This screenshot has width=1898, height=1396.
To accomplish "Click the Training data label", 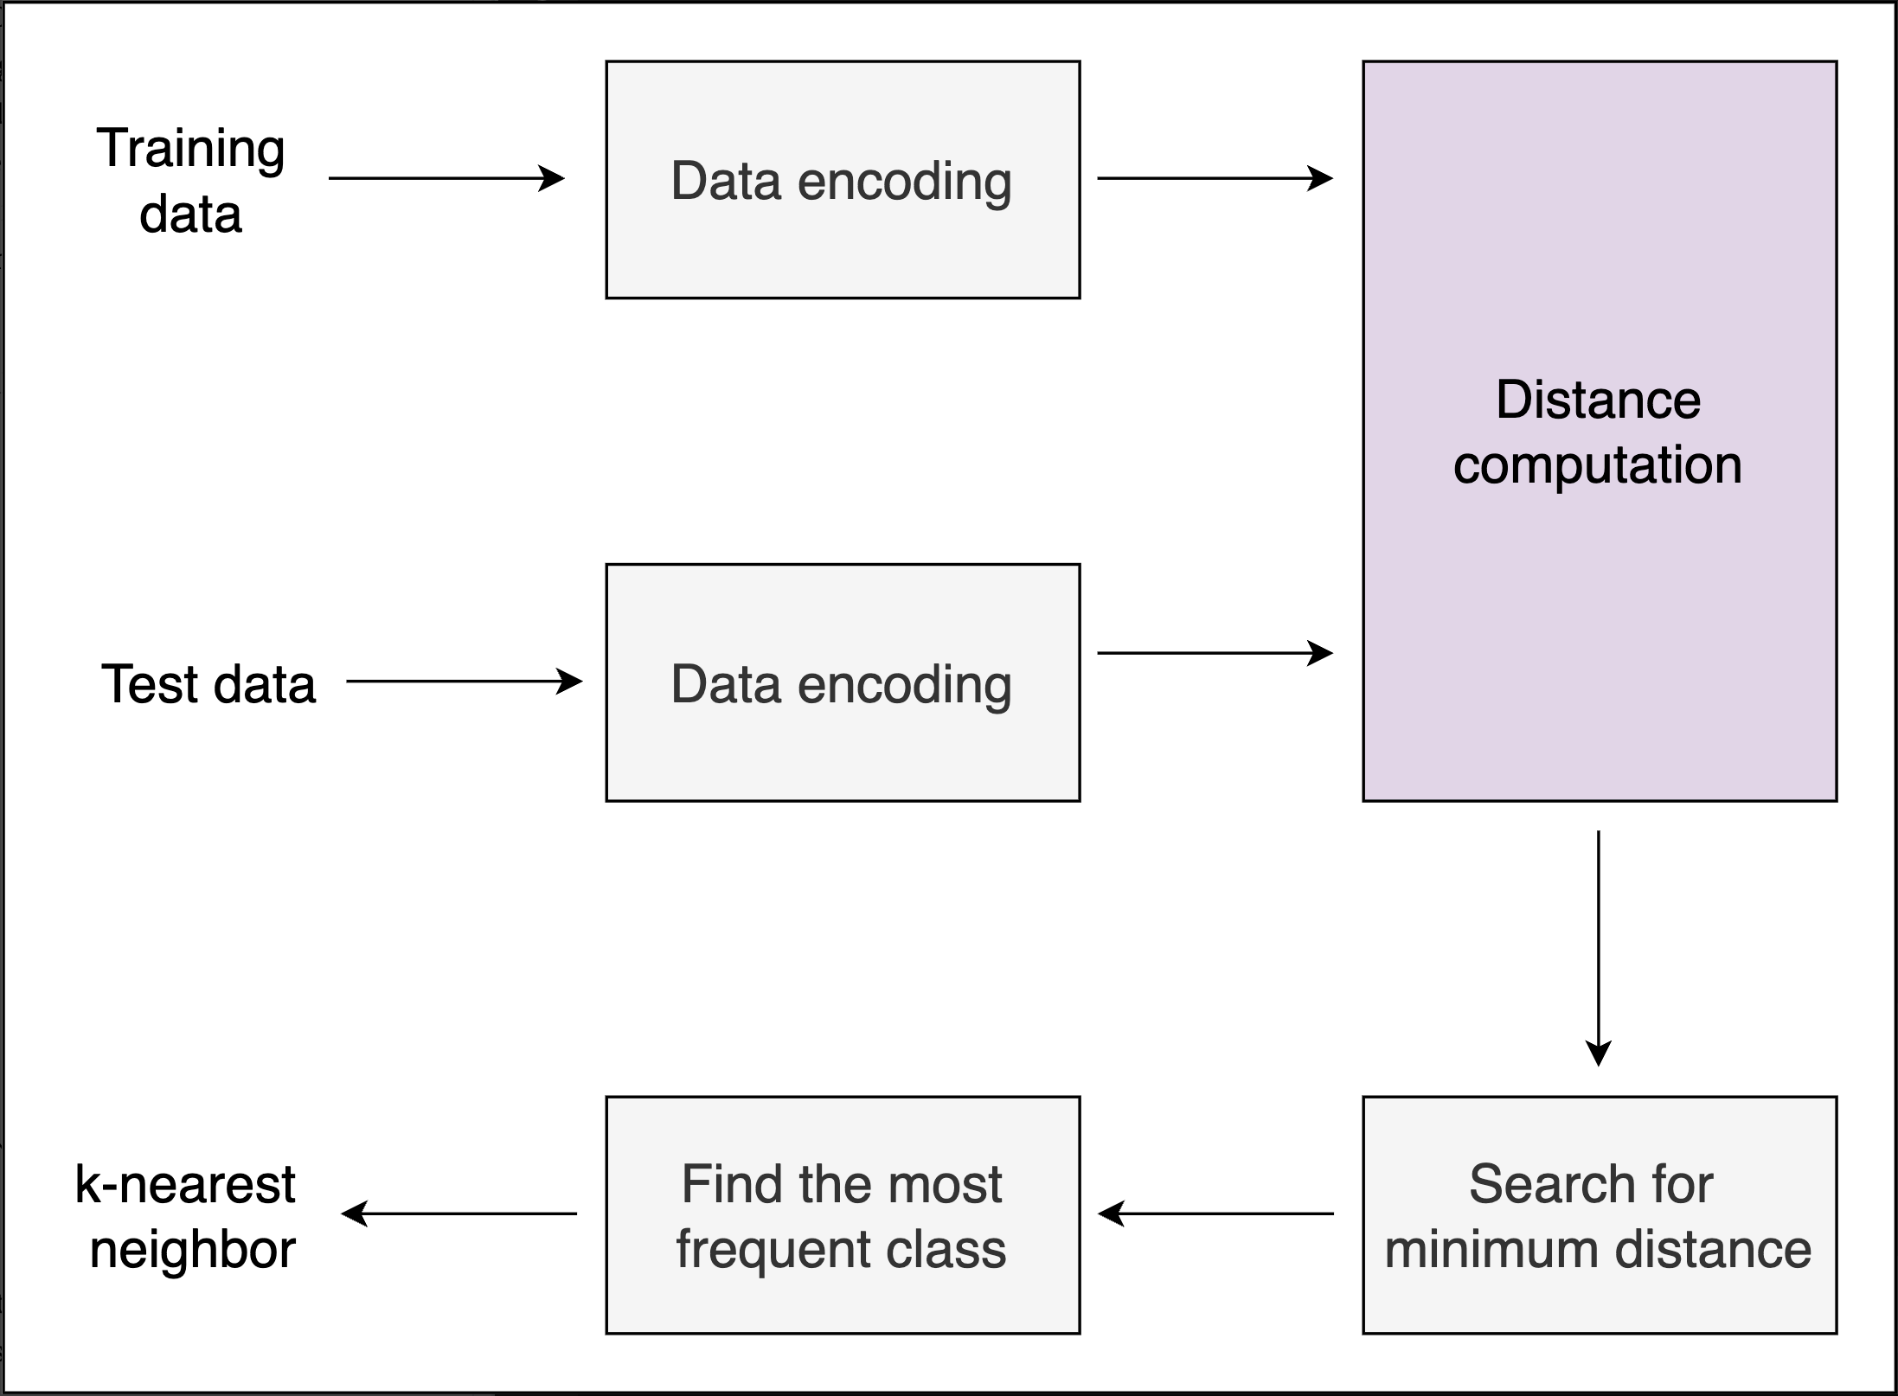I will [x=190, y=181].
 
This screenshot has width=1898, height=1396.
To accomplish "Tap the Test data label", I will [x=208, y=684].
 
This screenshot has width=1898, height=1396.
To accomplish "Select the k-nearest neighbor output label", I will [x=186, y=1216].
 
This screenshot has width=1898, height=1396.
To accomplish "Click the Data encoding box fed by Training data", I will [x=843, y=180].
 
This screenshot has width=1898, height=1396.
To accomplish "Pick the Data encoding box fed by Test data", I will [x=843, y=683].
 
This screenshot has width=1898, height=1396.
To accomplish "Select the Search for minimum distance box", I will [x=1599, y=1216].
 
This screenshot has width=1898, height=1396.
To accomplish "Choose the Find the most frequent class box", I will [x=843, y=1216].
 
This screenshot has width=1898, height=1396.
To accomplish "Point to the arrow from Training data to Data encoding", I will [x=446, y=178].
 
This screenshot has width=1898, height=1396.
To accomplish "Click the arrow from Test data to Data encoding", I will [x=464, y=682].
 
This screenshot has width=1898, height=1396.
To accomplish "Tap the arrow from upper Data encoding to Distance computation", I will [x=1215, y=178].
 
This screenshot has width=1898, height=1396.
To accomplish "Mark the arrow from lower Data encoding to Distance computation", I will [x=1215, y=653].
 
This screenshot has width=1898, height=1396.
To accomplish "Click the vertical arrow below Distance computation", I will [x=1598, y=947].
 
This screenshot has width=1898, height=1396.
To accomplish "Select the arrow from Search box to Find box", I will [x=1215, y=1213].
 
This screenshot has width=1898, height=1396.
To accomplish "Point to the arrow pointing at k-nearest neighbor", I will [x=459, y=1213].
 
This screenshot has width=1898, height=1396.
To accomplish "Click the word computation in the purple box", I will [x=1597, y=465].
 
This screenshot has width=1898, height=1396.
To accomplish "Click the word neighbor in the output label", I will [x=193, y=1251].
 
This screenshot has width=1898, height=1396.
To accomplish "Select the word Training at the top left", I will [x=190, y=149].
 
